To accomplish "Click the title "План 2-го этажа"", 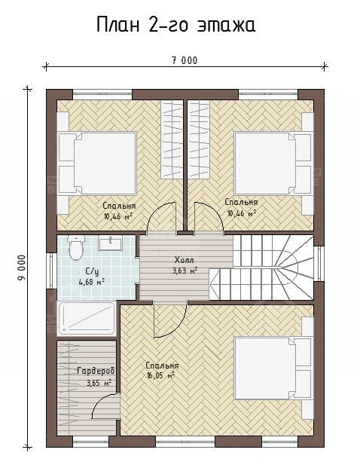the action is pyautogui.click(x=176, y=24).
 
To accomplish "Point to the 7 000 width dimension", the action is pyautogui.click(x=185, y=61).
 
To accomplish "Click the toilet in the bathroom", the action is pyautogui.click(x=75, y=248).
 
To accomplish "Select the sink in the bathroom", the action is pyautogui.click(x=111, y=244).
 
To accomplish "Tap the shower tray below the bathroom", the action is pyautogui.click(x=87, y=318).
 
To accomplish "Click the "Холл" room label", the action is pyautogui.click(x=185, y=260).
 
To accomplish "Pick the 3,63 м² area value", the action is pyautogui.click(x=185, y=271).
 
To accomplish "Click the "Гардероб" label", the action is pyautogui.click(x=96, y=372).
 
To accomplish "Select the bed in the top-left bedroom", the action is pyautogui.click(x=97, y=164).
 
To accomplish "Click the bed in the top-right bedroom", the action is pyautogui.click(x=273, y=163).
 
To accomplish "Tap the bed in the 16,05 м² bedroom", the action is pyautogui.click(x=273, y=368).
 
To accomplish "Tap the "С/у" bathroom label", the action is pyautogui.click(x=93, y=272).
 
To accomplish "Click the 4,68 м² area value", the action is pyautogui.click(x=92, y=283).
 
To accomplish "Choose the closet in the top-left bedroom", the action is pyautogui.click(x=172, y=139).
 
